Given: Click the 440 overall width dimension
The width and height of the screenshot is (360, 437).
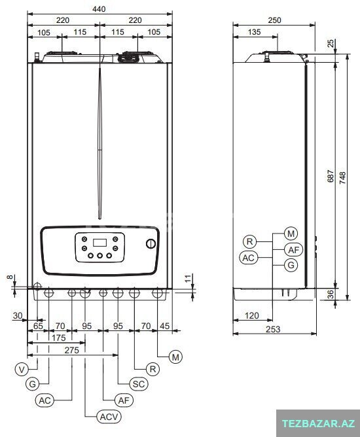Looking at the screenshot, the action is tap(99, 9).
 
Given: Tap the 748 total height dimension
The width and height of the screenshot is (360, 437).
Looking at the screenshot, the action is tap(343, 177).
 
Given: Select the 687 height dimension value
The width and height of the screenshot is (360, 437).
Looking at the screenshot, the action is tap(331, 176).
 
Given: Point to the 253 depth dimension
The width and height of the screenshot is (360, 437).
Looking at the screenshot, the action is tap(273, 329).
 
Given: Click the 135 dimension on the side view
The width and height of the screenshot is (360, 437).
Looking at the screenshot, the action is tap(254, 32).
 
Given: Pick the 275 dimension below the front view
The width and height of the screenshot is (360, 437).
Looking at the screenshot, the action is tap(71, 350).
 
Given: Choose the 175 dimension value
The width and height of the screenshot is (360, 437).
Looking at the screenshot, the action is tap(58, 338).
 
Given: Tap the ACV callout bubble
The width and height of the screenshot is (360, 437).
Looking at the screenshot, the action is tap(109, 417).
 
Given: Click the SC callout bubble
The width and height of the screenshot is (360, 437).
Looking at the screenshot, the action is tap(139, 384).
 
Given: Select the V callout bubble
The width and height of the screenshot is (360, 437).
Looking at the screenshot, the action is tap(22, 370).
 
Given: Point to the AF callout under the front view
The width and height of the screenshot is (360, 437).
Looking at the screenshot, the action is tap(124, 400).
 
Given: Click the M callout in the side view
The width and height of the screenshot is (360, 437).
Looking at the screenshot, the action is tap(291, 234).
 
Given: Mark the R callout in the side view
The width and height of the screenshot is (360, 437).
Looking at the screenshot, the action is tap(250, 241).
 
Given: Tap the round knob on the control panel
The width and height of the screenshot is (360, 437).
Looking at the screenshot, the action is tap(151, 244).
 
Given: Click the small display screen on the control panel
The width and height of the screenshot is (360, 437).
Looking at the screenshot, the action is tap(99, 243).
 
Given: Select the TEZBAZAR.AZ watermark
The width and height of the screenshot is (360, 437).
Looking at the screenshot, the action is tap(318, 424).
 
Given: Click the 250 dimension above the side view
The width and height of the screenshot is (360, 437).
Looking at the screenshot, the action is tap(274, 20).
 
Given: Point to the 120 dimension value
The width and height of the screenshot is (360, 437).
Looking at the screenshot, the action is tap(252, 315).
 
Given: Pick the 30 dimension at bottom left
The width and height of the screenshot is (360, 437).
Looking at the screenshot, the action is tap(18, 315).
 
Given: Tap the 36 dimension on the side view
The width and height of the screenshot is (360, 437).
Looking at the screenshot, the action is tap(331, 294).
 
